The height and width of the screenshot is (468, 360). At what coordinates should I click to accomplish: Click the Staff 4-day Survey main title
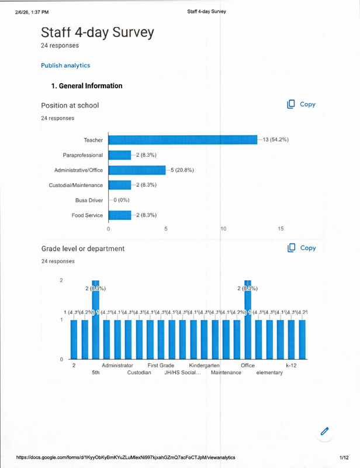tap(98, 33)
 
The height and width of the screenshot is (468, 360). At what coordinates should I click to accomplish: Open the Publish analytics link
tap(65, 66)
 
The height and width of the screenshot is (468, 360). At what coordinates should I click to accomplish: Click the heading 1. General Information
tap(87, 86)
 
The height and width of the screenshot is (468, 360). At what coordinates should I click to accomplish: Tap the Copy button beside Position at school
tap(301, 104)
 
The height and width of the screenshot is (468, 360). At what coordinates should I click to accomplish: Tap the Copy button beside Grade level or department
tap(301, 248)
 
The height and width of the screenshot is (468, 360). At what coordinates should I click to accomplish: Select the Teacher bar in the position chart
tap(183, 140)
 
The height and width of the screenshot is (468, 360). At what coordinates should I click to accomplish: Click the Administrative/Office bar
tap(137, 170)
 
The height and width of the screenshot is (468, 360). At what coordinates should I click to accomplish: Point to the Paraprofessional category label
tap(83, 155)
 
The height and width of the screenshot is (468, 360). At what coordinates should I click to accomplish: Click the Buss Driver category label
tap(89, 200)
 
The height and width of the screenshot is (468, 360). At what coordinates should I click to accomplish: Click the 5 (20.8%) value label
tap(182, 170)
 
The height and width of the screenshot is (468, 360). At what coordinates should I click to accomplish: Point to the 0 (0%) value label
tap(120, 200)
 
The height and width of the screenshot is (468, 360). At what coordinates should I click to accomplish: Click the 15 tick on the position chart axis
tap(281, 229)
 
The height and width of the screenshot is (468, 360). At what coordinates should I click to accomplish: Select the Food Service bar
tap(120, 215)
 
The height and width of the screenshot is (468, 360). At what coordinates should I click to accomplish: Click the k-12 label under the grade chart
tap(292, 366)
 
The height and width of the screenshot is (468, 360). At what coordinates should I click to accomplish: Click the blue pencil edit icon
tap(325, 432)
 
